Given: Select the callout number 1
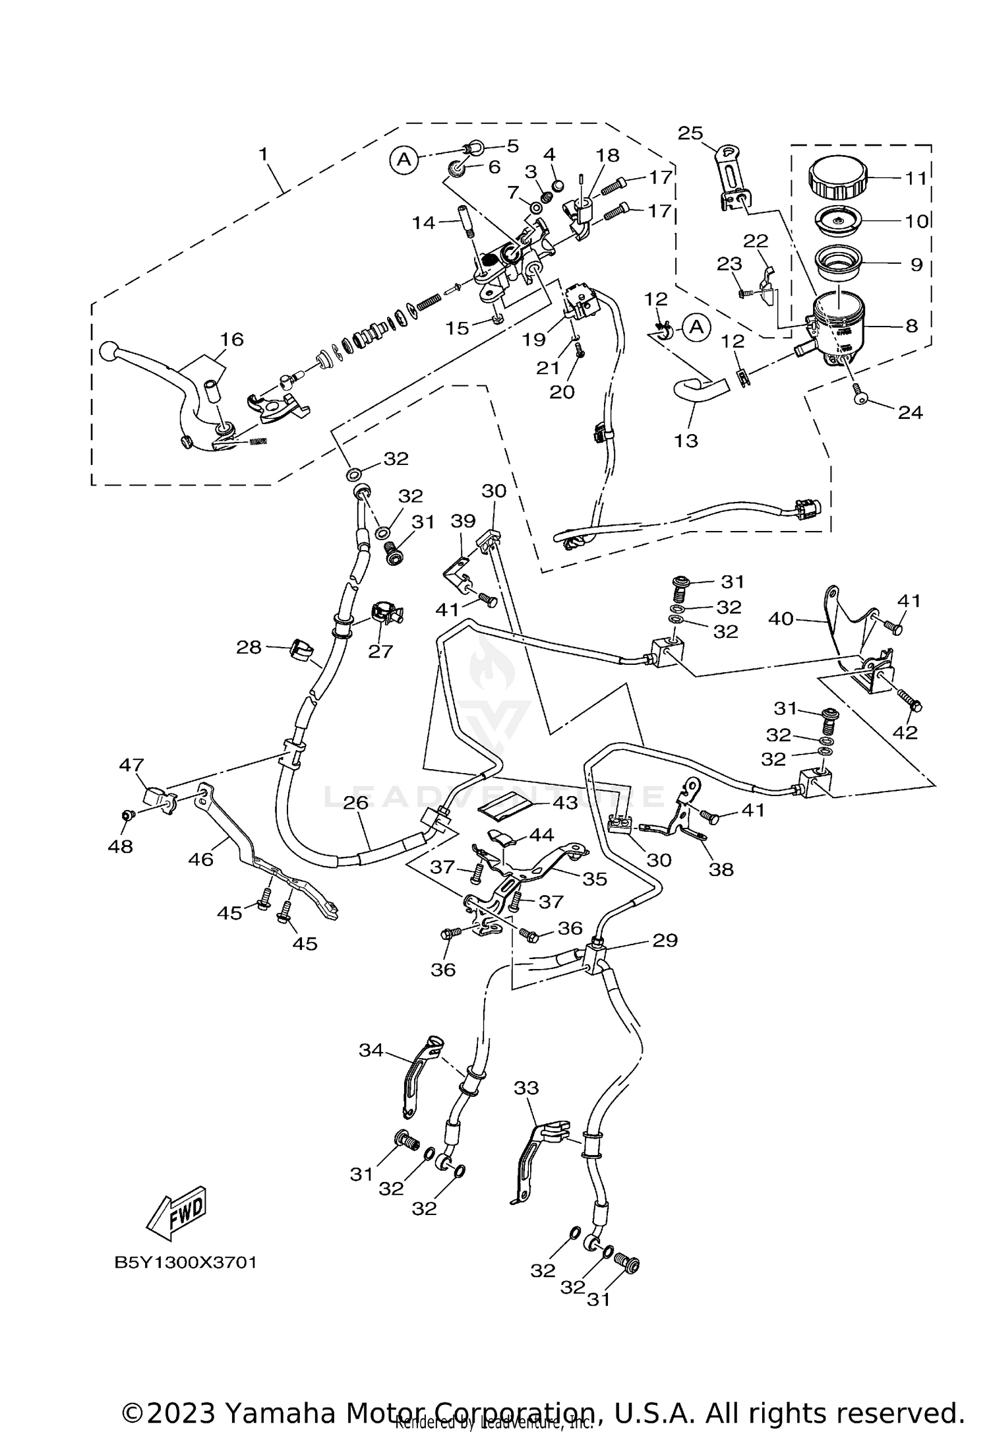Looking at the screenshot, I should pos(263,154).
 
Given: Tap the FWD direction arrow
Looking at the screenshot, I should pos(177,1213).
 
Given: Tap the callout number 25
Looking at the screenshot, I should pos(690,133).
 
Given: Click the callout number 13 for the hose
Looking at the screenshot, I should pos(686,440).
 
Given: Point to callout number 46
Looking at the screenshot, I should pos(201,859).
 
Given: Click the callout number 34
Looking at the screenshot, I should pos(371,1049).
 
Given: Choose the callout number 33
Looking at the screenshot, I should pos(526,1088).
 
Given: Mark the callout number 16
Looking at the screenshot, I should pos(231,339).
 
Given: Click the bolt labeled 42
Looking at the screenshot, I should pos(912,706).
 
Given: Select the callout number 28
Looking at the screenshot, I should pos(249,648).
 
